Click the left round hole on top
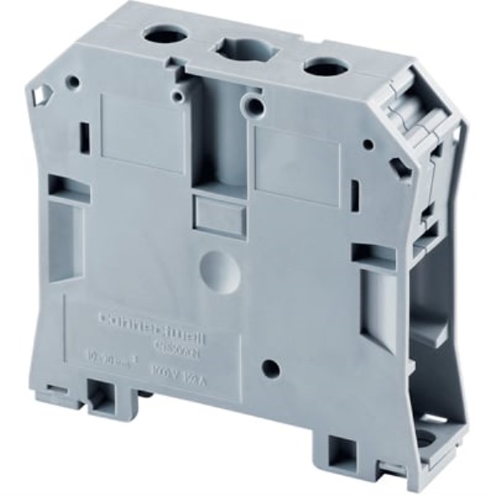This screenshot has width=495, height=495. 156,34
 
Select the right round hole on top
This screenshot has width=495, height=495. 322,66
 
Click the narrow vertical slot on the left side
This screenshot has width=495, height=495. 84,135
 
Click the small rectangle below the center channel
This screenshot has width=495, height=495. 219,211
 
